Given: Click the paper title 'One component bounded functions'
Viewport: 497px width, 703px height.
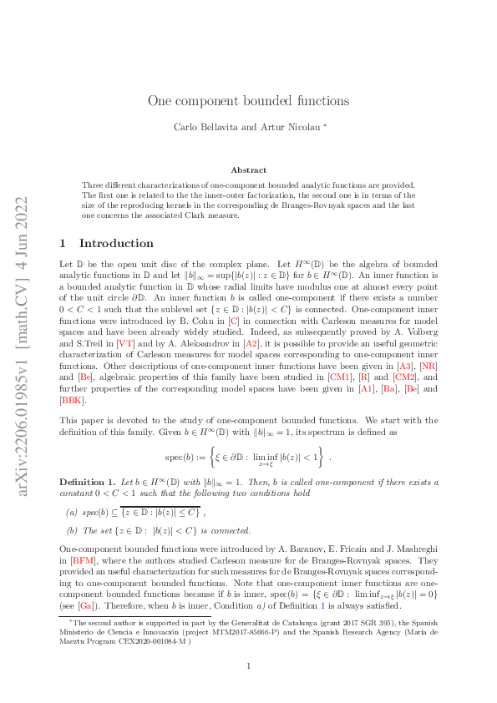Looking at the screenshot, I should coord(248,101).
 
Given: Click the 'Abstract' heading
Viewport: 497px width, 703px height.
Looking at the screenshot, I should coord(248,169).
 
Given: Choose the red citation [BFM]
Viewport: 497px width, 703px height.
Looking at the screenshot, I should coord(84,560).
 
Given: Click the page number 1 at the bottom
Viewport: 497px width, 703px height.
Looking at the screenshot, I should coord(248,665).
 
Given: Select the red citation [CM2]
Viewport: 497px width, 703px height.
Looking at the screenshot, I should coord(405,377).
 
